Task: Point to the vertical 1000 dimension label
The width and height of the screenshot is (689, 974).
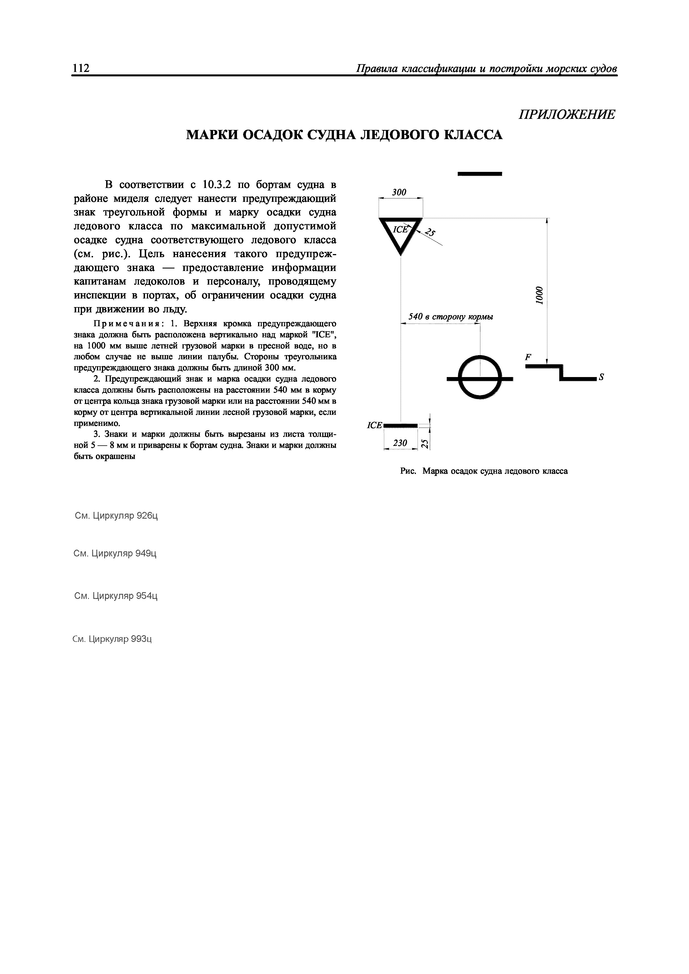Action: pyautogui.click(x=539, y=295)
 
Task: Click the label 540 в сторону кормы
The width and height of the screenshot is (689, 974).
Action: pyautogui.click(x=450, y=317)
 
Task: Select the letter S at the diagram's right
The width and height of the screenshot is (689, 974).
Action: pyautogui.click(x=601, y=377)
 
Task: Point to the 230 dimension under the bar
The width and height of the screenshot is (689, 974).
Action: pyautogui.click(x=400, y=443)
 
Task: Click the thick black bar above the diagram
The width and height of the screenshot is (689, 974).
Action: pyautogui.click(x=480, y=174)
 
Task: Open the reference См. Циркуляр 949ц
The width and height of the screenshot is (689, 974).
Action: pyautogui.click(x=115, y=554)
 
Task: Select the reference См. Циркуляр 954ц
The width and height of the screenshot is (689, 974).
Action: pyautogui.click(x=116, y=596)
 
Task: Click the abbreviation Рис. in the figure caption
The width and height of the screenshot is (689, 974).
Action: pyautogui.click(x=409, y=471)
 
